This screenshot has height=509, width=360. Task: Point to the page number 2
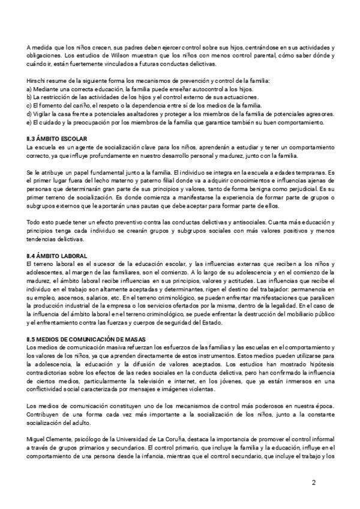(x=314, y=483)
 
